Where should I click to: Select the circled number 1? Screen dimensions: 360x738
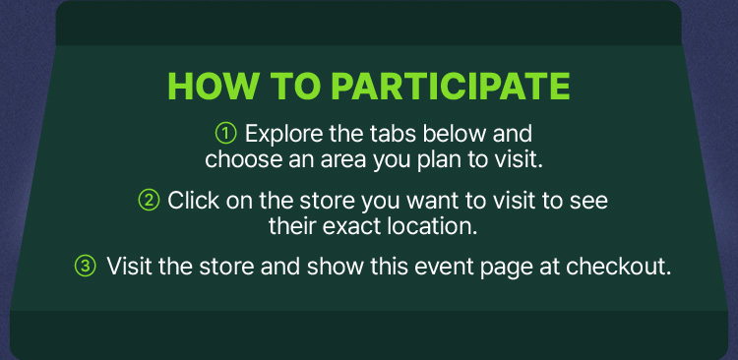click(x=225, y=133)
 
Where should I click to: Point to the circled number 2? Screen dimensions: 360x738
click(x=149, y=201)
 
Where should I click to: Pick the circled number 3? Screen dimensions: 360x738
click(x=86, y=267)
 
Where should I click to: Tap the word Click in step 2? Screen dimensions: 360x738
click(x=193, y=201)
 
